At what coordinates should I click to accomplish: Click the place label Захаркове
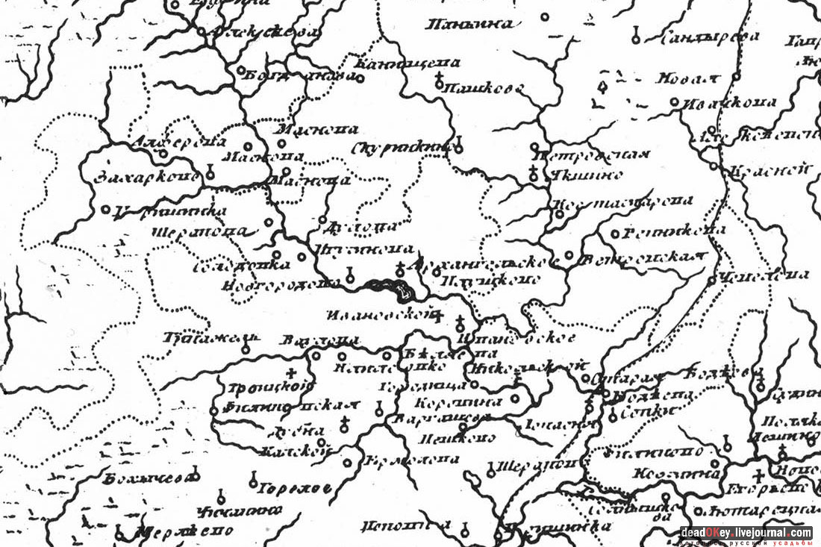point(148,178)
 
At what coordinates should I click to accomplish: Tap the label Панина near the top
point(469,25)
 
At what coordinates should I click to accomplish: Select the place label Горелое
point(295,489)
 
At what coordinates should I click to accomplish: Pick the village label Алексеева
point(264,33)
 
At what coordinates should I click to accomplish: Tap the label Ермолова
point(411,460)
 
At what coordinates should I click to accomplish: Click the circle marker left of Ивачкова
point(674,102)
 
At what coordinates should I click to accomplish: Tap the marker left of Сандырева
point(636,35)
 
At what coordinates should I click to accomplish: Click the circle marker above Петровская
point(535,147)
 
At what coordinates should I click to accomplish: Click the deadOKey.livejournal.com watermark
point(746,533)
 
